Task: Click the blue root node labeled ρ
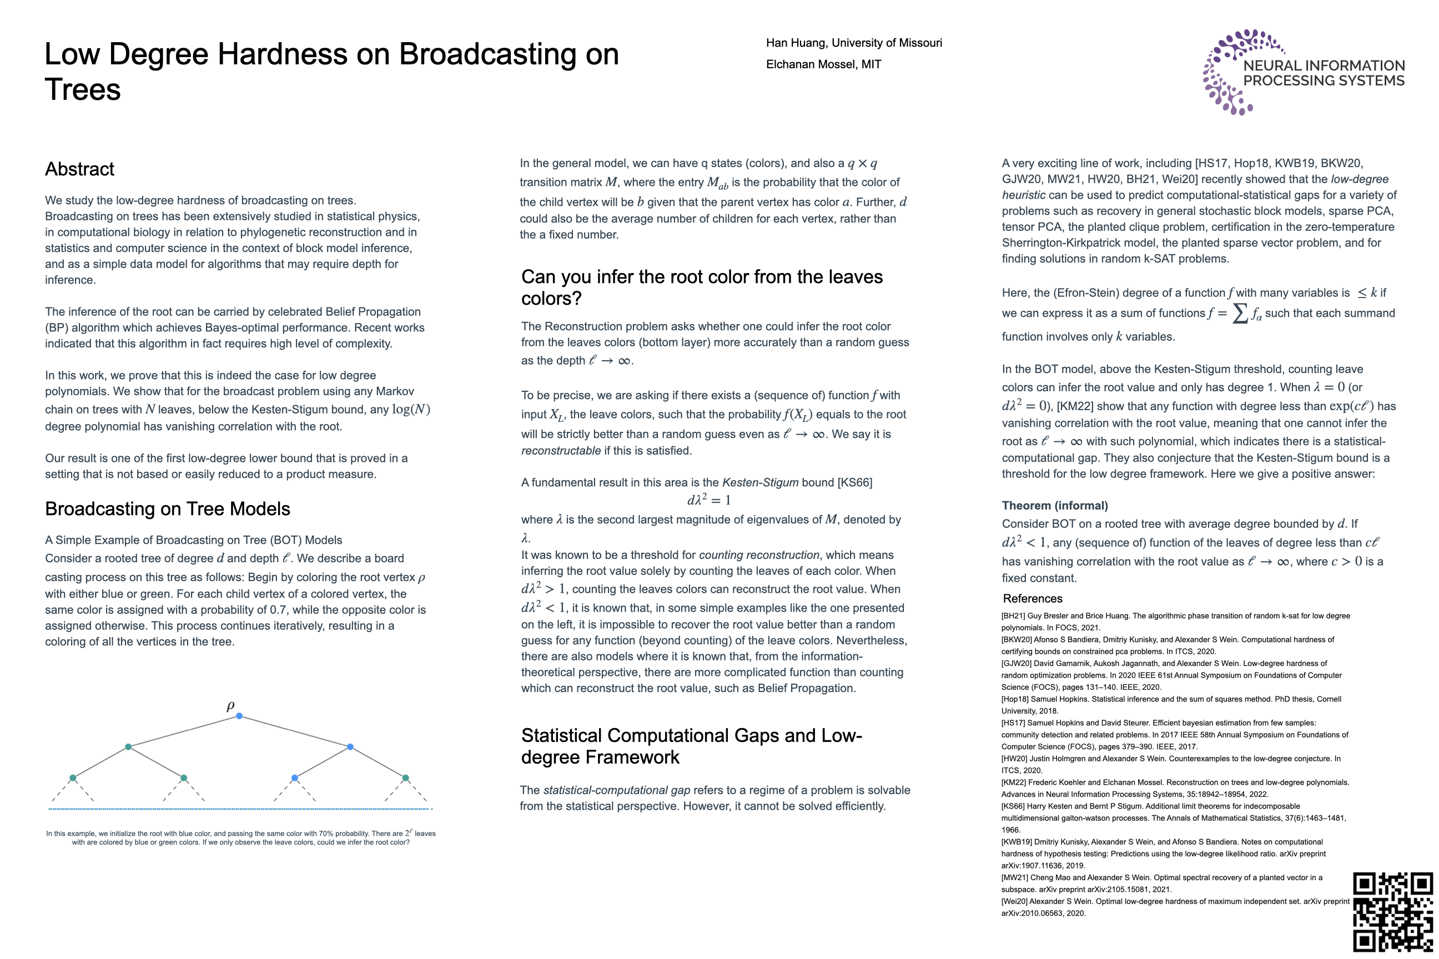239,715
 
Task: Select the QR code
1392,911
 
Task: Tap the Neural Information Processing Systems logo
1303,72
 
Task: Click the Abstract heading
79,169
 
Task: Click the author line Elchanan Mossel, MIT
823,64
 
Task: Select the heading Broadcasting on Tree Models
168,509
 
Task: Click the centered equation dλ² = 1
708,500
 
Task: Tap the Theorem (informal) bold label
1055,506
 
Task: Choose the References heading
1033,599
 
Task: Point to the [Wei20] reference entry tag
1014,901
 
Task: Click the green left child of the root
128,747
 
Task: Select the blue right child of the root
350,747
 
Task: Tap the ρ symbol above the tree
230,706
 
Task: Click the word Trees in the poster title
83,90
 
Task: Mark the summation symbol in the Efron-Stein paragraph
1240,313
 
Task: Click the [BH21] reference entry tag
1013,616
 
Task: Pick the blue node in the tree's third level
295,778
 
